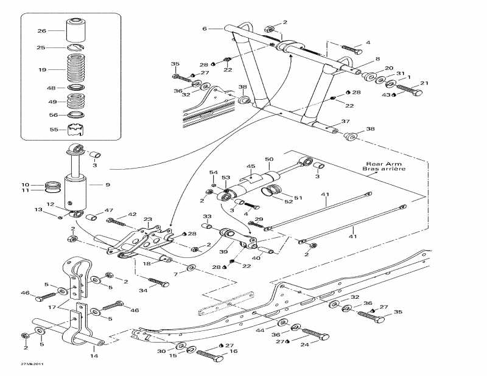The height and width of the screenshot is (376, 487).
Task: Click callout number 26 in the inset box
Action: tap(41, 31)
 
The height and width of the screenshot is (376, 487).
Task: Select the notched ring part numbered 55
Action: tap(75, 130)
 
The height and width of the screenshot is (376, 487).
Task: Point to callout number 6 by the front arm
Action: tap(205, 29)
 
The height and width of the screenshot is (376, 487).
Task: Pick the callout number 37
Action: tap(345, 121)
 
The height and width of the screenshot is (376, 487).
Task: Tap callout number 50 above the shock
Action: tap(268, 159)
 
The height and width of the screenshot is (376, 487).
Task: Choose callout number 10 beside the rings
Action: tap(25, 184)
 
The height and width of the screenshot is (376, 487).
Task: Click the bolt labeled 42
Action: tap(116, 220)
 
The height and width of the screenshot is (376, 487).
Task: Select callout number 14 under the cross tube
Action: tap(93, 355)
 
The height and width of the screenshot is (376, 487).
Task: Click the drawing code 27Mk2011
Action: tap(31, 364)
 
